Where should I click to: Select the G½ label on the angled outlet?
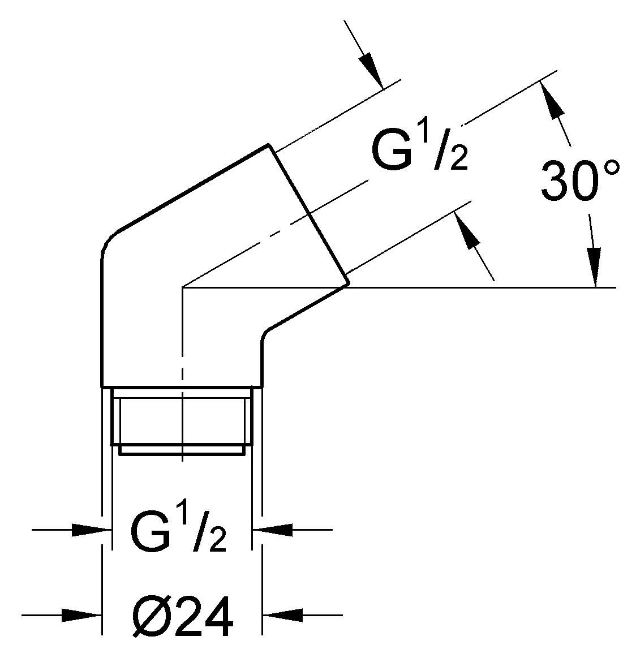point(419,149)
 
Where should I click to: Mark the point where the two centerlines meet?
point(182,288)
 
